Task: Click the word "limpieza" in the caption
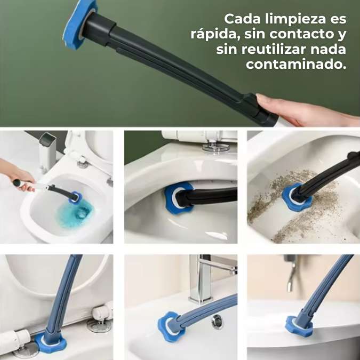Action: [295, 20]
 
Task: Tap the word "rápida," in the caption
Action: [215, 35]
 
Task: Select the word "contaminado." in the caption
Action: [296, 65]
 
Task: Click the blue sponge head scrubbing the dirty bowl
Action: [296, 198]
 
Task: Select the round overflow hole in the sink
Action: [217, 322]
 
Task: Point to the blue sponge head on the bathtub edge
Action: [299, 326]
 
